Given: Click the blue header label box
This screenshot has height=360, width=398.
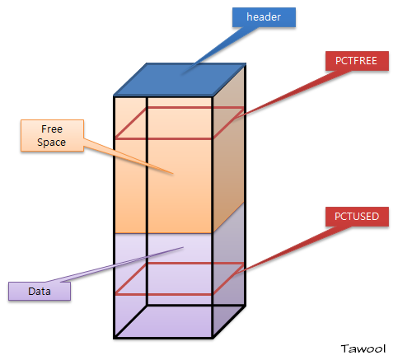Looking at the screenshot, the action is pyautogui.click(x=264, y=17).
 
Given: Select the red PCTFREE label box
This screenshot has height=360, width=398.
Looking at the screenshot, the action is pyautogui.click(x=357, y=61).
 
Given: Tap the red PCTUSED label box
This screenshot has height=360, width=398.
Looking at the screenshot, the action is pyautogui.click(x=357, y=217).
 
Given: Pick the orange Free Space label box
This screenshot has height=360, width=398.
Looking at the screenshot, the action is pyautogui.click(x=52, y=136).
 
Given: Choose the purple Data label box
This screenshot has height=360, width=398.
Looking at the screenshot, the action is pyautogui.click(x=40, y=291).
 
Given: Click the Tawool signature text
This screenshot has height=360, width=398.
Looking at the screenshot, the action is pyautogui.click(x=363, y=348).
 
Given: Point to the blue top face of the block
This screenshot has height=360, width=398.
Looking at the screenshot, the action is pyautogui.click(x=180, y=80).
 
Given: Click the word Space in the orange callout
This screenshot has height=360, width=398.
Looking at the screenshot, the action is pyautogui.click(x=52, y=143).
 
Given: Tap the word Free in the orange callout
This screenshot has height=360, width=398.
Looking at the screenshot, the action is pyautogui.click(x=52, y=129).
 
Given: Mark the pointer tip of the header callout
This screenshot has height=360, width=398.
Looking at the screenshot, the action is pyautogui.click(x=182, y=74).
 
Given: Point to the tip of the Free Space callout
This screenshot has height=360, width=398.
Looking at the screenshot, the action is pyautogui.click(x=173, y=174).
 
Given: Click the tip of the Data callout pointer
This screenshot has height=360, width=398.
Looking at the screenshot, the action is pyautogui.click(x=183, y=247).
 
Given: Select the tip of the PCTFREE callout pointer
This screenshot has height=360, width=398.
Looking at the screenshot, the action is pyautogui.click(x=234, y=119).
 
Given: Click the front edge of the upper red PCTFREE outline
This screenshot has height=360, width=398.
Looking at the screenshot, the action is pyautogui.click(x=164, y=139).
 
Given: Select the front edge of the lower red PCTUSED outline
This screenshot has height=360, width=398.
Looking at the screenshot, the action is pyautogui.click(x=164, y=294).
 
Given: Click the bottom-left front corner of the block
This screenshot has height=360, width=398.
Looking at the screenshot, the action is pyautogui.click(x=115, y=338).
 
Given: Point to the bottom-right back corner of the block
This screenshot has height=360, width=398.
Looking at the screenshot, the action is pyautogui.click(x=245, y=305).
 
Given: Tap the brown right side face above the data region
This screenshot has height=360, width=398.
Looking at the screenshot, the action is pyautogui.click(x=229, y=148).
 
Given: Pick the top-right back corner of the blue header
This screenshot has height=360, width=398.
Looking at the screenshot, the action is pyautogui.click(x=246, y=64).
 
